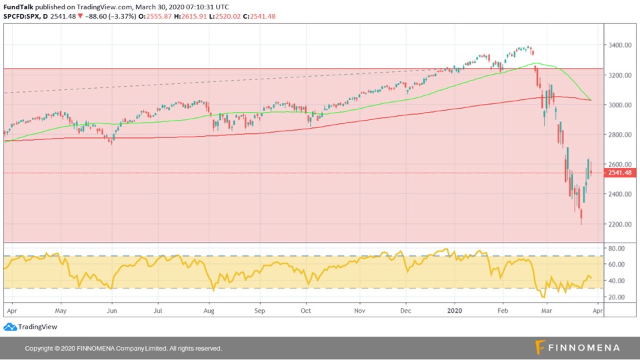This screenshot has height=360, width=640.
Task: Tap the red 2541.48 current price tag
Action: (x=619, y=173)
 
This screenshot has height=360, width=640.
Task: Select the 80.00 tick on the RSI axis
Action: (x=617, y=248)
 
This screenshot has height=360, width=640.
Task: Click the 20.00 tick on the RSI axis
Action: (x=617, y=297)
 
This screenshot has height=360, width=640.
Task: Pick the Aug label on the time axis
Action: (x=209, y=311)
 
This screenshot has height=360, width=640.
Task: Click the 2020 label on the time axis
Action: (x=454, y=311)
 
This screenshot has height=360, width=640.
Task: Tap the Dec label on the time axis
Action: (x=405, y=311)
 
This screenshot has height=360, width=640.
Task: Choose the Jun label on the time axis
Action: (x=111, y=311)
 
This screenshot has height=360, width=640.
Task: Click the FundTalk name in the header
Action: (x=19, y=6)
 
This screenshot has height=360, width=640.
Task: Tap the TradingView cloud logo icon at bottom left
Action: (x=9, y=327)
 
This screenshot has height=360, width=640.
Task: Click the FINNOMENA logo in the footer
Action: (x=577, y=347)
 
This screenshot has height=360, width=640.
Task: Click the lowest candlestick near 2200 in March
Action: (x=581, y=217)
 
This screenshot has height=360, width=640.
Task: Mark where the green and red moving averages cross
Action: (x=590, y=100)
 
